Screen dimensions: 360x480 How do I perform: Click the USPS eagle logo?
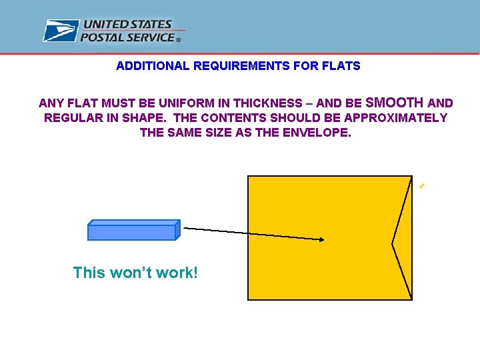pyautogui.click(x=61, y=31)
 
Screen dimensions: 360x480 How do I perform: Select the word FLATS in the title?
pyautogui.click(x=345, y=66)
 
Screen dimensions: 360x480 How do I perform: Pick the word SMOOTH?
pyautogui.click(x=395, y=103)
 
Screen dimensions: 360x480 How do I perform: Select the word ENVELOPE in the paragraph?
pyautogui.click(x=318, y=133)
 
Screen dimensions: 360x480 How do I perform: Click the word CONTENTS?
pyautogui.click(x=230, y=118)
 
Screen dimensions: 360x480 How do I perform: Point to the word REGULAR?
pyautogui.click(x=71, y=118)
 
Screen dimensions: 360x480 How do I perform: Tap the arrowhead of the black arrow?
pyautogui.click(x=321, y=240)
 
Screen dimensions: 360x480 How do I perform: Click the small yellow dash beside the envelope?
pyautogui.click(x=421, y=187)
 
